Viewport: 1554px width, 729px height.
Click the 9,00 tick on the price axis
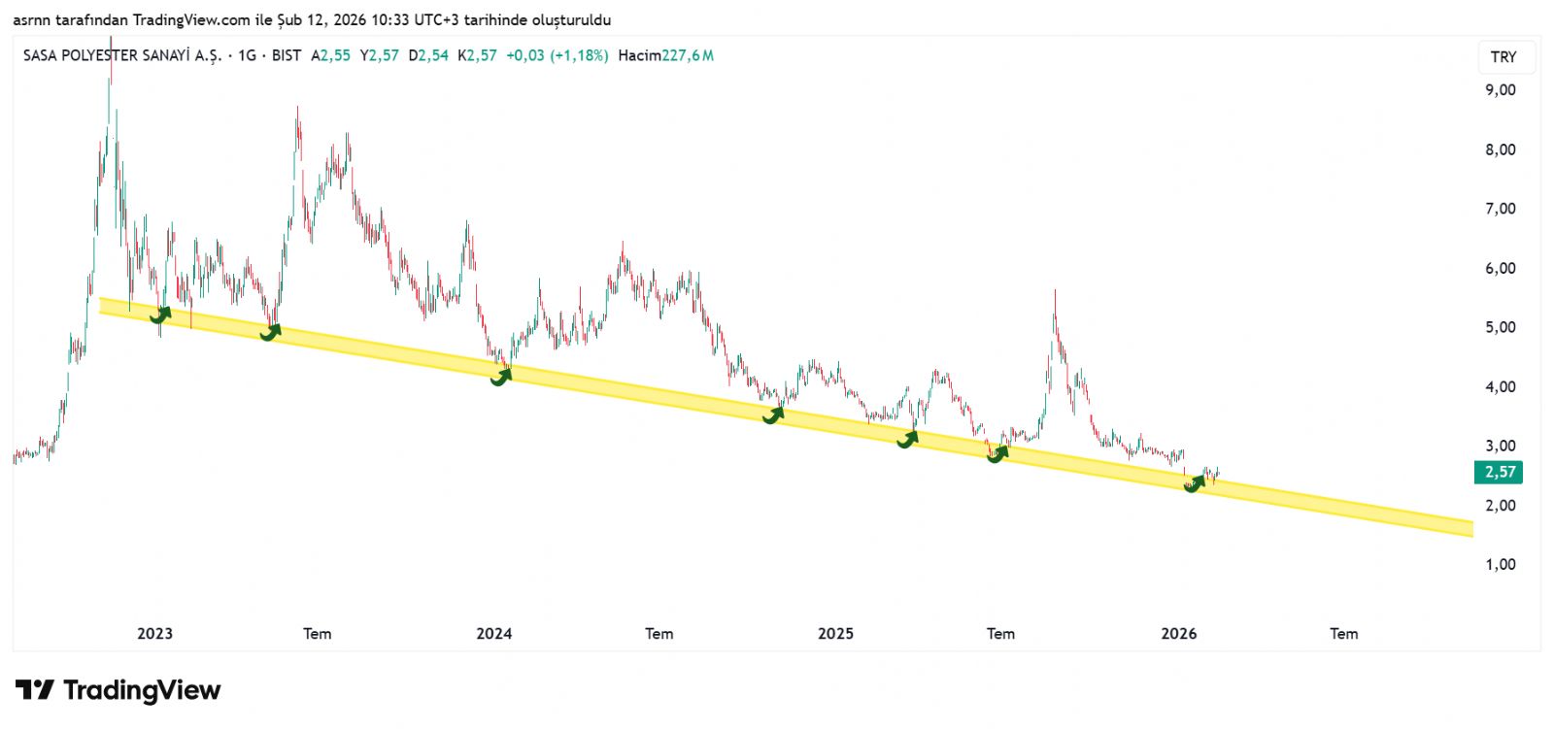click(x=1500, y=89)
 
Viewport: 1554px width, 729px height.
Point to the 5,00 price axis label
click(x=1500, y=327)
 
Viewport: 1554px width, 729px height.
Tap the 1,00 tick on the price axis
click(x=1500, y=564)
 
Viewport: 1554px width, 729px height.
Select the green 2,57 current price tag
click(x=1499, y=472)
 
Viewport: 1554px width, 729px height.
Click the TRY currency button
click(x=1503, y=56)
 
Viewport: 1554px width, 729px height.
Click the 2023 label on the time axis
click(x=154, y=633)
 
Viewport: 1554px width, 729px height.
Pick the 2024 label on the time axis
click(x=493, y=633)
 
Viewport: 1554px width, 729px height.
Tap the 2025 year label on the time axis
click(x=835, y=633)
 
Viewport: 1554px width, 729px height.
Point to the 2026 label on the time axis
click(x=1178, y=633)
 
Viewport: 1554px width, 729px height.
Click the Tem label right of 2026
click(x=1343, y=633)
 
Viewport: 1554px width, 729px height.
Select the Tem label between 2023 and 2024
click(x=317, y=633)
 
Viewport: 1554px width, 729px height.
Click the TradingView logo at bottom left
click(x=118, y=690)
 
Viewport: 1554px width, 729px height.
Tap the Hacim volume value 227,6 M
click(x=688, y=55)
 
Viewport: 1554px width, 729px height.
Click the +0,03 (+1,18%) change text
click(x=557, y=55)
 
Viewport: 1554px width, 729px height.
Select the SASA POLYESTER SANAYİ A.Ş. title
click(x=122, y=55)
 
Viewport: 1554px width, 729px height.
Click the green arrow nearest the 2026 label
click(x=1194, y=482)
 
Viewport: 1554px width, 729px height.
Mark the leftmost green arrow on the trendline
click(x=160, y=315)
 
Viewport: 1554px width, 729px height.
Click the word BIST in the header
click(x=287, y=55)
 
